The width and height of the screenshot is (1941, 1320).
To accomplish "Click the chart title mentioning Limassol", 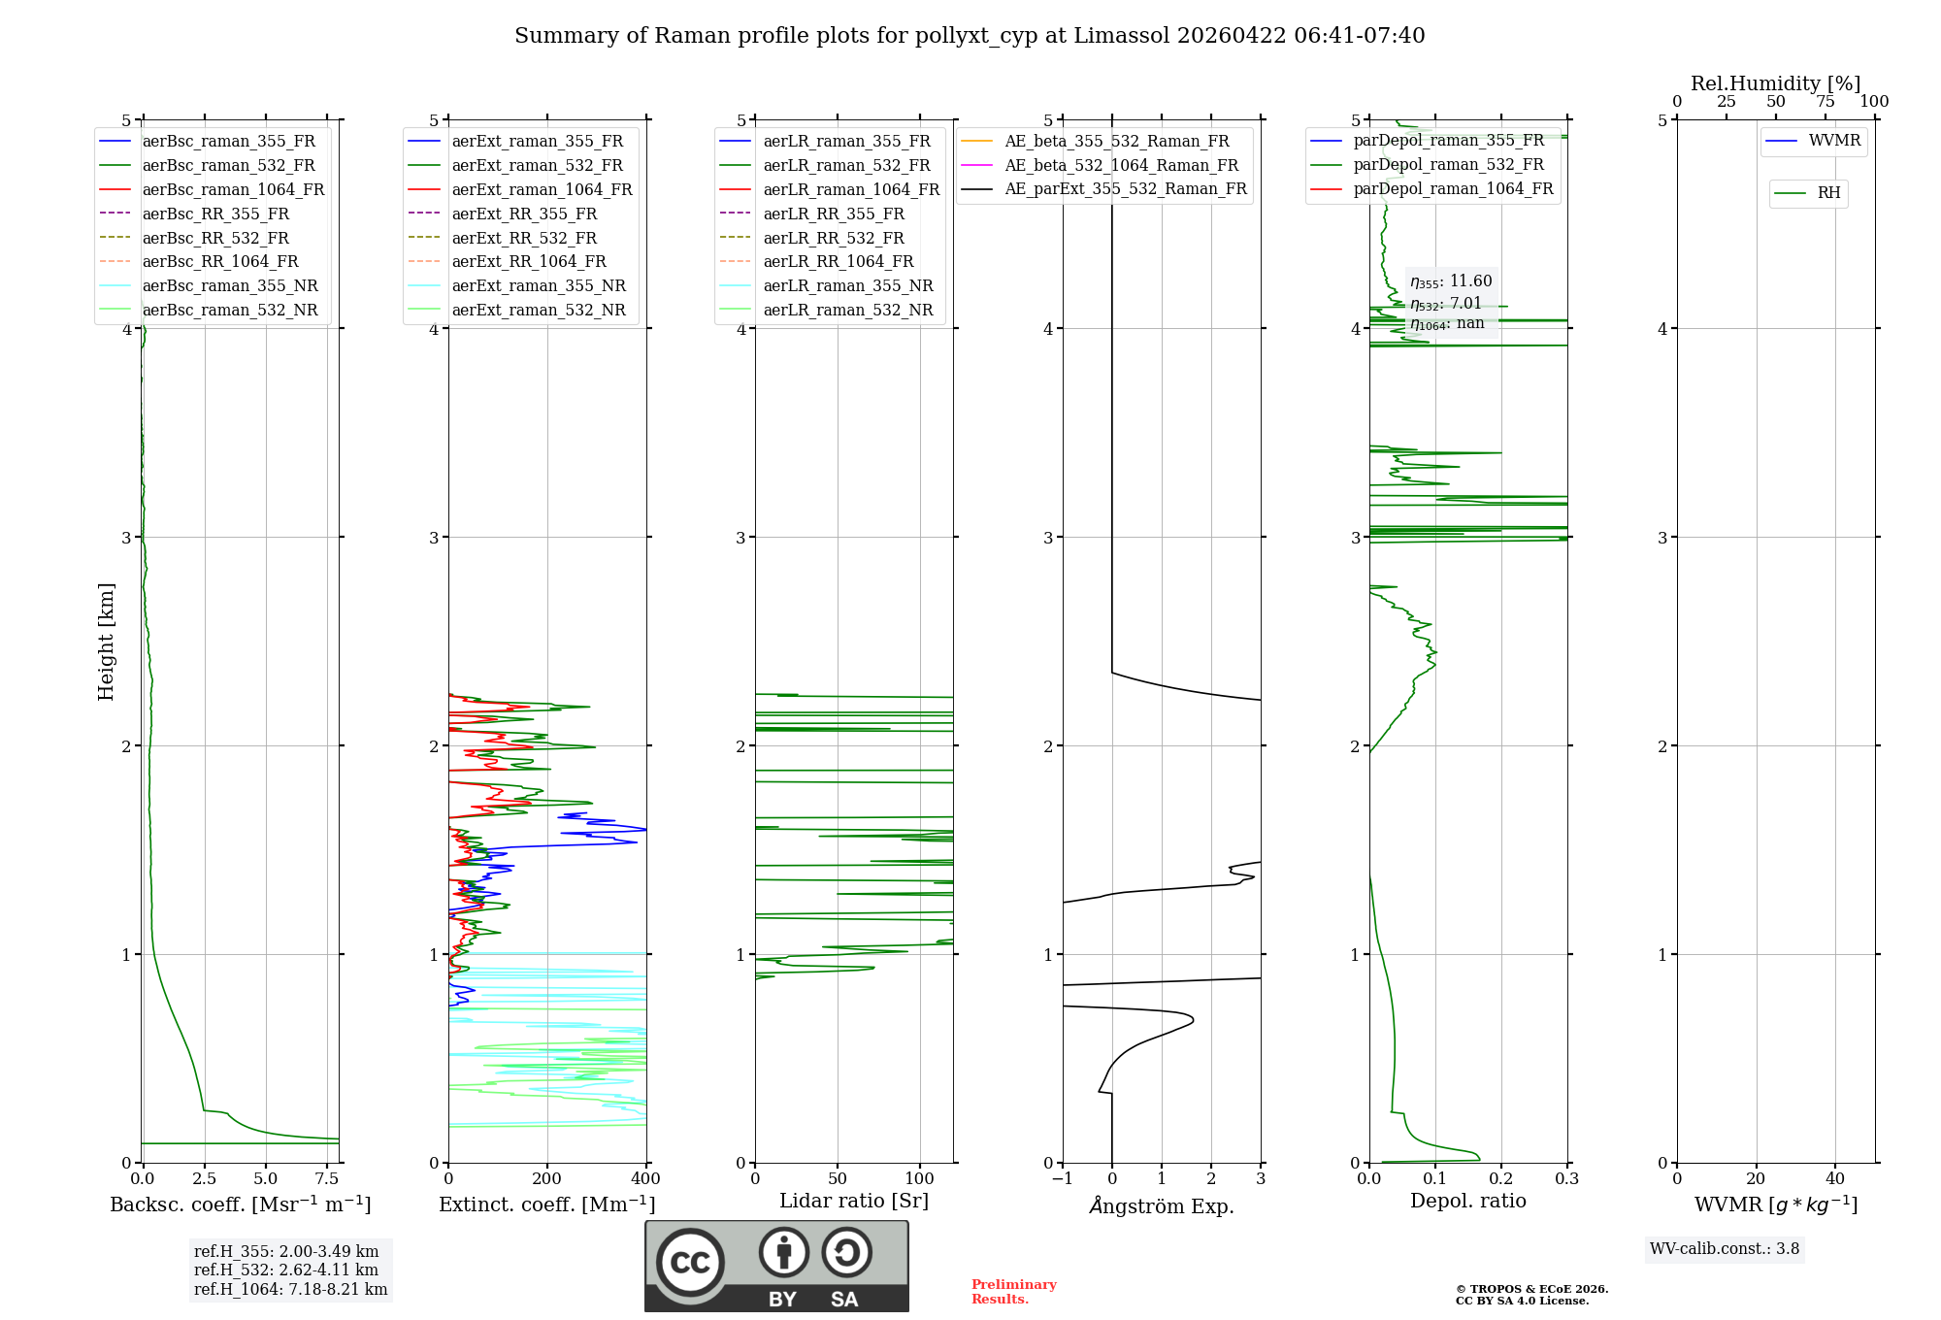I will click(970, 36).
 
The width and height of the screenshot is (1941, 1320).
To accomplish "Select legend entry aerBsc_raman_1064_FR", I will click(233, 189).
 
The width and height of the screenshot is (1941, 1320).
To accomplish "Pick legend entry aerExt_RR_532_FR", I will click(524, 238).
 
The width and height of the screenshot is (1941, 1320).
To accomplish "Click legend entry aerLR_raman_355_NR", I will click(847, 285).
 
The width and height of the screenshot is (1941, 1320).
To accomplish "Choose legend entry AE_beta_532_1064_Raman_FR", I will click(1121, 165).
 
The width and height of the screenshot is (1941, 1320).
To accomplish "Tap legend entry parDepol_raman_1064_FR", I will click(1453, 188).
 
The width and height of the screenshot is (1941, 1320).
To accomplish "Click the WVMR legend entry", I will click(1834, 141).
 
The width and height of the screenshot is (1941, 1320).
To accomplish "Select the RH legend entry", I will click(1828, 193).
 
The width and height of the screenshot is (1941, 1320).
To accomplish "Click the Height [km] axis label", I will click(106, 642).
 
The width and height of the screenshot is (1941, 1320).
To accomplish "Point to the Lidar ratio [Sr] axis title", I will click(854, 1201).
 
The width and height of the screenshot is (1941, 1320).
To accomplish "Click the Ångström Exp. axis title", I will click(1162, 1206).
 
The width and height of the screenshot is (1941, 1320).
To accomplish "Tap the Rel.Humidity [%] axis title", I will click(1775, 83).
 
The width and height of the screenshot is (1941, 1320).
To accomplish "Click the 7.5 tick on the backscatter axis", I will click(327, 1179).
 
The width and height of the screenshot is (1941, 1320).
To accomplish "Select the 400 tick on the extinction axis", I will click(646, 1179).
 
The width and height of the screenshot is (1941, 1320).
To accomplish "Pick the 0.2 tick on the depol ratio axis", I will click(1501, 1179).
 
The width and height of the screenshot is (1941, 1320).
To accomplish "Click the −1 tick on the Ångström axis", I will click(1062, 1179).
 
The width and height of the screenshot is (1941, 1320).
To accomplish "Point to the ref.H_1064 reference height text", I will click(290, 1290).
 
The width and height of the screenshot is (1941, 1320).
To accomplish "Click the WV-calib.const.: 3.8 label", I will click(1725, 1249).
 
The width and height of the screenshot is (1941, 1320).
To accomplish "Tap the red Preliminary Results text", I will click(1014, 1292).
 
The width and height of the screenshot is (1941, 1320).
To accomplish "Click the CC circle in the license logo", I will click(690, 1263).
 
